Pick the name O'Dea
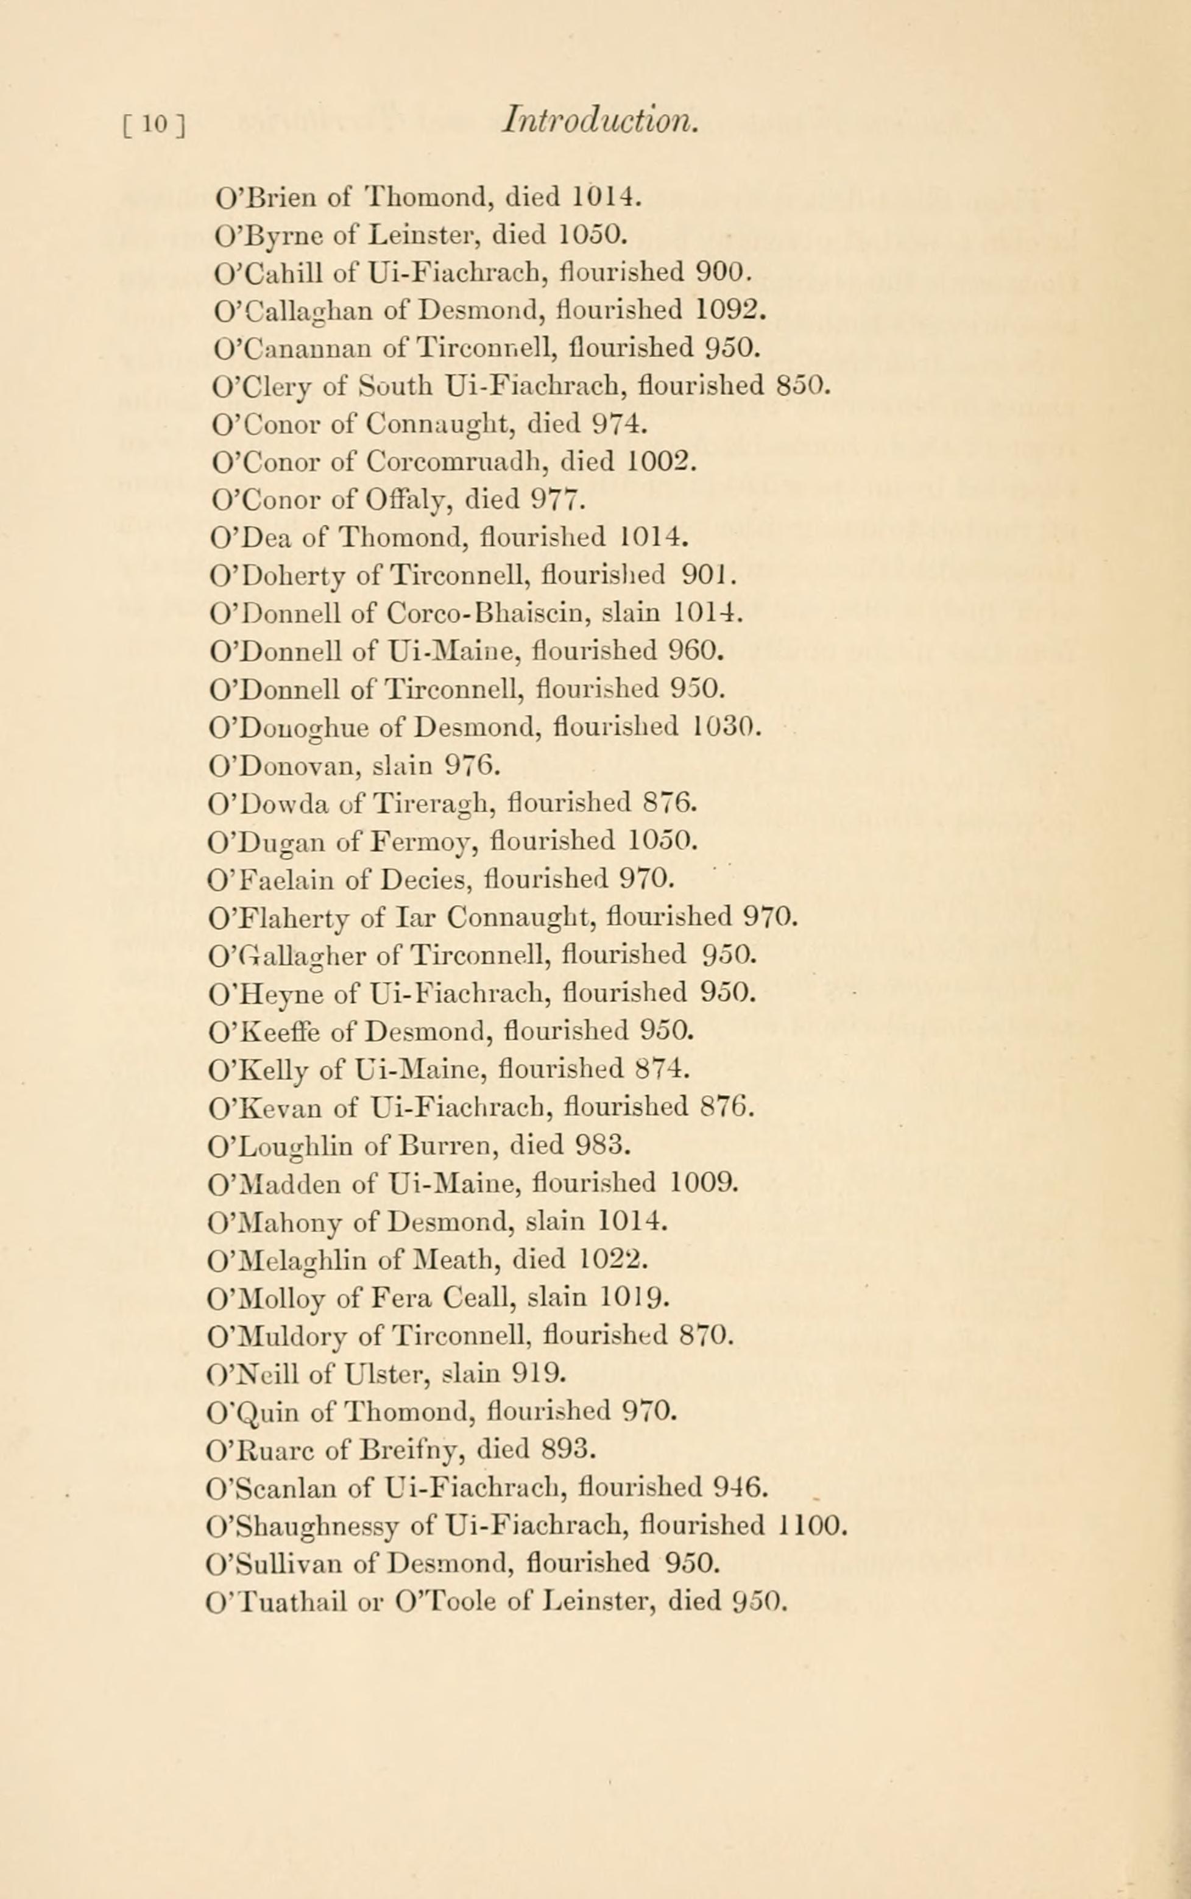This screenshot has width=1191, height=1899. point(248,538)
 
